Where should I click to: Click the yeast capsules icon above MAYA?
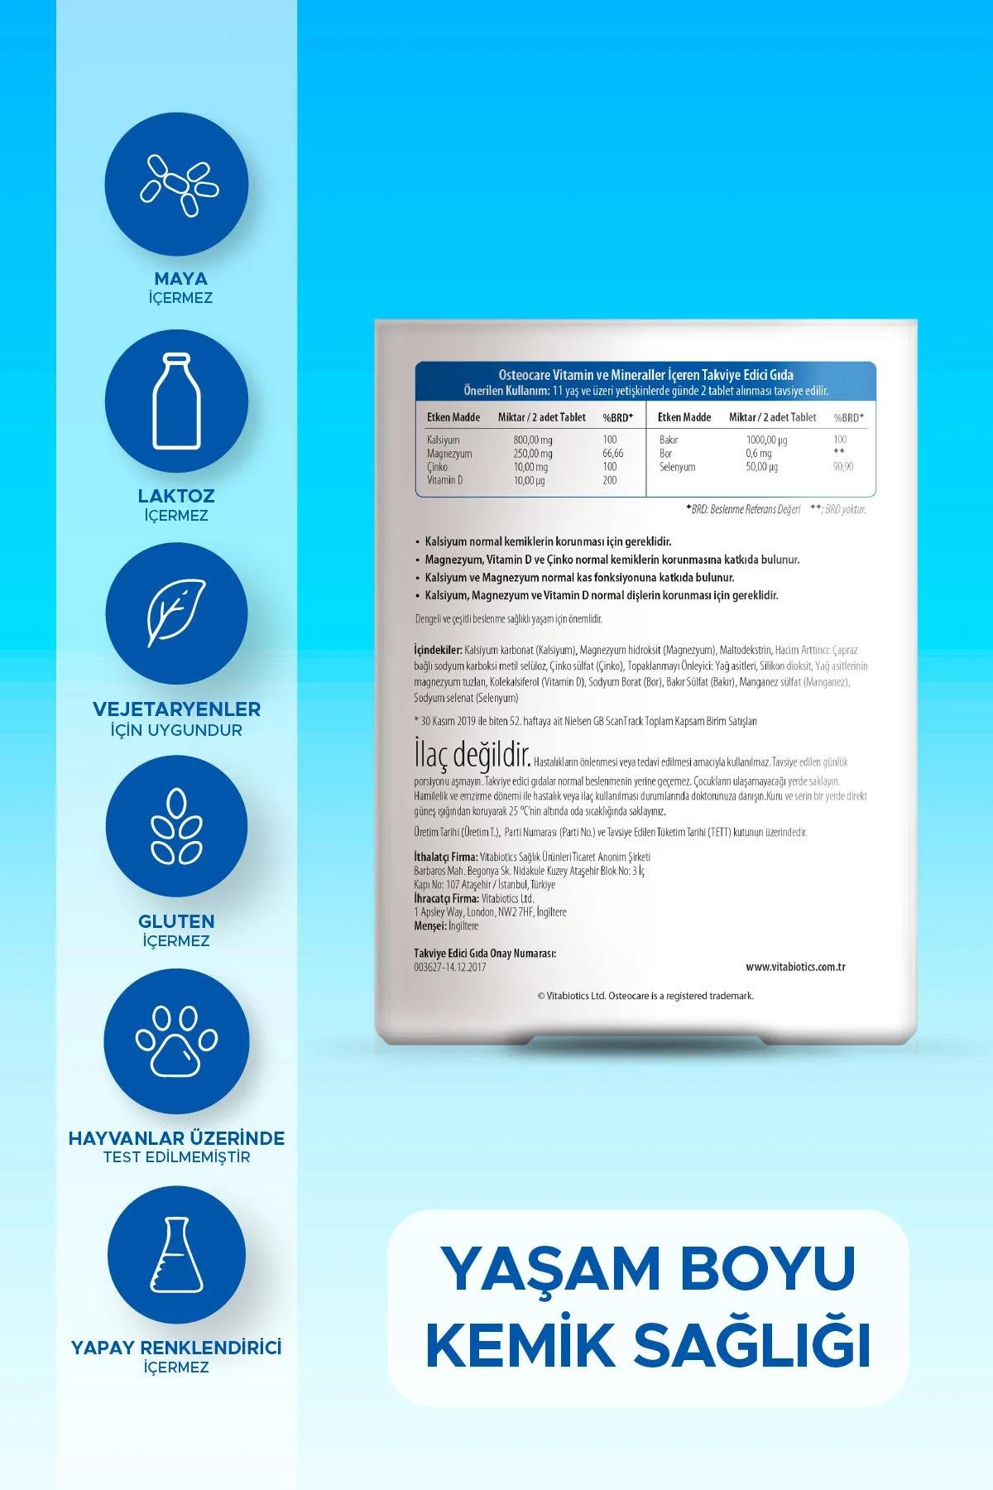pos(177,185)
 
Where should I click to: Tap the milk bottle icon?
pos(177,401)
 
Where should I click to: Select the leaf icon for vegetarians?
pos(177,613)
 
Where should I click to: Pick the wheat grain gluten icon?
pos(177,826)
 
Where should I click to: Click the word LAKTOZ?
pos(176,496)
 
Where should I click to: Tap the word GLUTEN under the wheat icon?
pos(177,921)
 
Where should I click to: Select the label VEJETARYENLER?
pos(177,709)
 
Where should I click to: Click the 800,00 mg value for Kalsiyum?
pos(532,440)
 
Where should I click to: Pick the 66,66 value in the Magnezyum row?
pos(613,454)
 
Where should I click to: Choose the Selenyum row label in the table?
pos(677,467)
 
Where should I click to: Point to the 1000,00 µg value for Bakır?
pos(765,440)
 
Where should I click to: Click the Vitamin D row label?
pos(444,480)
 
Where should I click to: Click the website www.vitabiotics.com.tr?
pos(794,967)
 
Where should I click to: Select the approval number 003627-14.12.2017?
pos(449,967)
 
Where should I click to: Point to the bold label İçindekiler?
pos(438,651)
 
